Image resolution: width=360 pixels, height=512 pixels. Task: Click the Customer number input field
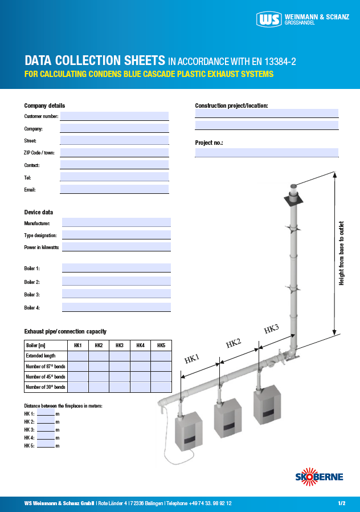(x=114, y=116)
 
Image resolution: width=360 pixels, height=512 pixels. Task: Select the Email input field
(x=114, y=189)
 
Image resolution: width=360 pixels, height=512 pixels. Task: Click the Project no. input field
(x=267, y=153)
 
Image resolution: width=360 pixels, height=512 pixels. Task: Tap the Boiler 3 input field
(x=116, y=294)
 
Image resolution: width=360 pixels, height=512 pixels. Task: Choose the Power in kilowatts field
(x=116, y=247)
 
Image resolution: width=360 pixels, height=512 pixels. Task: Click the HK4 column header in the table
(x=140, y=346)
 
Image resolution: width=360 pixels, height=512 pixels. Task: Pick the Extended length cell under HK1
(x=78, y=356)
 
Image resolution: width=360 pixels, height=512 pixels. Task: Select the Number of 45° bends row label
(x=46, y=377)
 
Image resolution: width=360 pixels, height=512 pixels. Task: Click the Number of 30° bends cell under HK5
(x=161, y=387)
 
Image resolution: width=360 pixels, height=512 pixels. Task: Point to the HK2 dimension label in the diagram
(x=234, y=343)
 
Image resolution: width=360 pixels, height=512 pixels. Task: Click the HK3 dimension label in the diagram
(x=271, y=329)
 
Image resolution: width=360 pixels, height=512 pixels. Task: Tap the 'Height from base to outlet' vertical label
(x=342, y=253)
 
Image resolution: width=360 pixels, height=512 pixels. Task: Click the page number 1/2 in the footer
(x=342, y=503)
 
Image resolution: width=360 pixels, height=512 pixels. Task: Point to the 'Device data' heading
(x=39, y=212)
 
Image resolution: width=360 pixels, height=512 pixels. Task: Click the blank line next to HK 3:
(x=46, y=429)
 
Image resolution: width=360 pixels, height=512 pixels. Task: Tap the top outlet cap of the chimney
(x=294, y=187)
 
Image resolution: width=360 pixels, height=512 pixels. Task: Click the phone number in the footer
(x=210, y=503)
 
